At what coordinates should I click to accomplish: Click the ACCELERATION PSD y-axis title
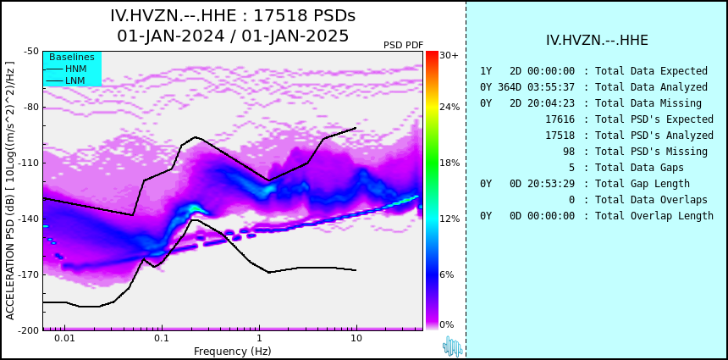pyautogui.click(x=10, y=191)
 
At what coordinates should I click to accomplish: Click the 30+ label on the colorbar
pyautogui.click(x=449, y=55)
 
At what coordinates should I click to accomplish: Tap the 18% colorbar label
pyautogui.click(x=449, y=163)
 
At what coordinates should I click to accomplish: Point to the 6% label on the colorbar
pyautogui.click(x=447, y=274)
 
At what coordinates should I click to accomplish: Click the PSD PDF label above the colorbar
pyautogui.click(x=404, y=45)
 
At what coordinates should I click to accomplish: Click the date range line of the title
pyautogui.click(x=233, y=36)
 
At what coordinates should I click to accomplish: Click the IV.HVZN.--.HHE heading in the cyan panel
pyautogui.click(x=597, y=41)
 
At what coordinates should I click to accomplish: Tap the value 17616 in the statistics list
pyautogui.click(x=560, y=119)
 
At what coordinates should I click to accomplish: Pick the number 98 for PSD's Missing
pyautogui.click(x=569, y=152)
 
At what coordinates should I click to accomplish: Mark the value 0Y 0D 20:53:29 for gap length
pyautogui.click(x=527, y=184)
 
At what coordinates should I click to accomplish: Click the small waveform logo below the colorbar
pyautogui.click(x=452, y=346)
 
